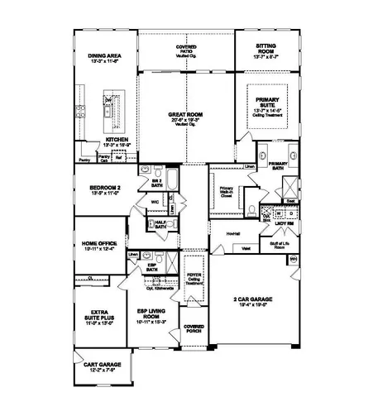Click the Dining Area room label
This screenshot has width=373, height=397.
coord(104,59)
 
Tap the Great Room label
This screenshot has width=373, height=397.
coord(187,117)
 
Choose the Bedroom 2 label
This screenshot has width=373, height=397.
coord(105,189)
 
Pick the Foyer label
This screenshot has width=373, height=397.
coord(194,278)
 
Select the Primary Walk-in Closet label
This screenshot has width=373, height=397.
coord(226,194)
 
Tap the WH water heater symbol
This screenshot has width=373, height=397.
coord(294,260)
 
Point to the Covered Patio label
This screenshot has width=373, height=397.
coord(186,50)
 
